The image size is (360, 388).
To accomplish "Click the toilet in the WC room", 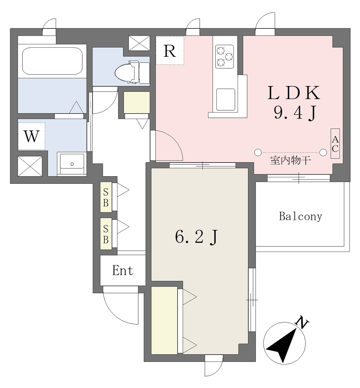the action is pos(132,72).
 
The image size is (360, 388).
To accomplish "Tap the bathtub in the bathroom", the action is pos(52,61).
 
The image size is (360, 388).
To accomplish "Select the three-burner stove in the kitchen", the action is pos(224,56).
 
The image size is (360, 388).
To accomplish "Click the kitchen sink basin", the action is pos(225,99).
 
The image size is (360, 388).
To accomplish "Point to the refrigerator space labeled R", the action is pos(170,51).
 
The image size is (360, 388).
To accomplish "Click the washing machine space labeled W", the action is pos(31,136).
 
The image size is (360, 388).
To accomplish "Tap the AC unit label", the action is pos(335,144).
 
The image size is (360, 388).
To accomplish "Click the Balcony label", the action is pos(301,216).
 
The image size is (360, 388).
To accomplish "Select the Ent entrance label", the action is pos(123,270).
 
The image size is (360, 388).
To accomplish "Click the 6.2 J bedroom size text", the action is pos(197,237).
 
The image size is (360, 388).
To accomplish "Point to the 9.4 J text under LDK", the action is pos(295,113).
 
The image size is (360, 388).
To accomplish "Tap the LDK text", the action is pos(294,93).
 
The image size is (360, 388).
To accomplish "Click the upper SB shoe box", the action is pos(106,197).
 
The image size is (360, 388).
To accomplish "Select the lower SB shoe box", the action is pos(106,234).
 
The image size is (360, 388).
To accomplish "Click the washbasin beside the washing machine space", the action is pos(72,164).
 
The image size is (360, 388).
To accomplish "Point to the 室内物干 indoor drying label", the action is pos(291,161).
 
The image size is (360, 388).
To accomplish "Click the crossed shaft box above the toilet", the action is pos(139,43).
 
